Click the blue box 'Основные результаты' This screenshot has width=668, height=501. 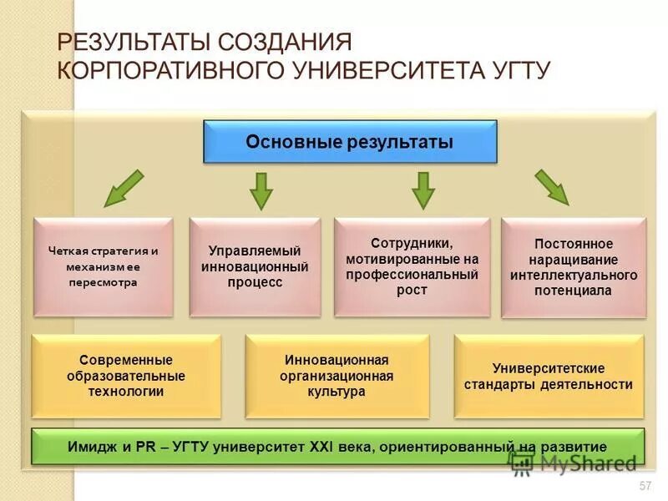(350, 142)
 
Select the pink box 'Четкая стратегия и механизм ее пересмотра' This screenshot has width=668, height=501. (104, 266)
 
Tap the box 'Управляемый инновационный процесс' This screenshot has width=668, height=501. (255, 266)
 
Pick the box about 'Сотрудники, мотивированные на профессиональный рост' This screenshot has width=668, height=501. (412, 266)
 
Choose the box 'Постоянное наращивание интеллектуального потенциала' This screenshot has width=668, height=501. (574, 267)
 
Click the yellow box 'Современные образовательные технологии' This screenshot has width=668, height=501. (126, 375)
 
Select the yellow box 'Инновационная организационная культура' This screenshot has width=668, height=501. (337, 375)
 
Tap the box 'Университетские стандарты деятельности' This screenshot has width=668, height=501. (549, 376)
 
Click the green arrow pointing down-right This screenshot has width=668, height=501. (552, 187)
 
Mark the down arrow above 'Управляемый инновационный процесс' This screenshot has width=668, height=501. (261, 190)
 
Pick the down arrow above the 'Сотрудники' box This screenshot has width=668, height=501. (423, 190)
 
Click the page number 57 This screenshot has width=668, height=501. (644, 486)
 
